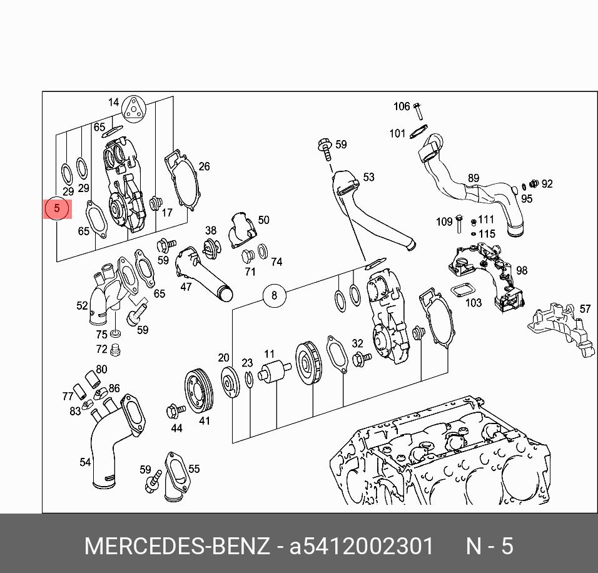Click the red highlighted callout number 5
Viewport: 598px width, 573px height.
[57, 209]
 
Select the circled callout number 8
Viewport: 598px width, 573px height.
[274, 294]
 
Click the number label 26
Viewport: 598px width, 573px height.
[204, 166]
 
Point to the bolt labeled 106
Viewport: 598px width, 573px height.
[418, 112]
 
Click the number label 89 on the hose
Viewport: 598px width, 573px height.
[474, 179]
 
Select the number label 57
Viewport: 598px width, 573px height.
[585, 309]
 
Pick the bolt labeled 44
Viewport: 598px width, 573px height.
[175, 411]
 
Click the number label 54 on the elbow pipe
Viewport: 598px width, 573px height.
[85, 462]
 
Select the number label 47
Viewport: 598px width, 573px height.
[186, 287]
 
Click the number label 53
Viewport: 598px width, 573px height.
[368, 177]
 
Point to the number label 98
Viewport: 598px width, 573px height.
[522, 270]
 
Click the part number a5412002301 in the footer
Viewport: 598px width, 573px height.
[361, 546]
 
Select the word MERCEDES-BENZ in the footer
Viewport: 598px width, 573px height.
[177, 546]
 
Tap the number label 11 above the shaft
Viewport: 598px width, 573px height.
[269, 354]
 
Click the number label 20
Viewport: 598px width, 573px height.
[223, 358]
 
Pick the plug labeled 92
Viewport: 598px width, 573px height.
[534, 184]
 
